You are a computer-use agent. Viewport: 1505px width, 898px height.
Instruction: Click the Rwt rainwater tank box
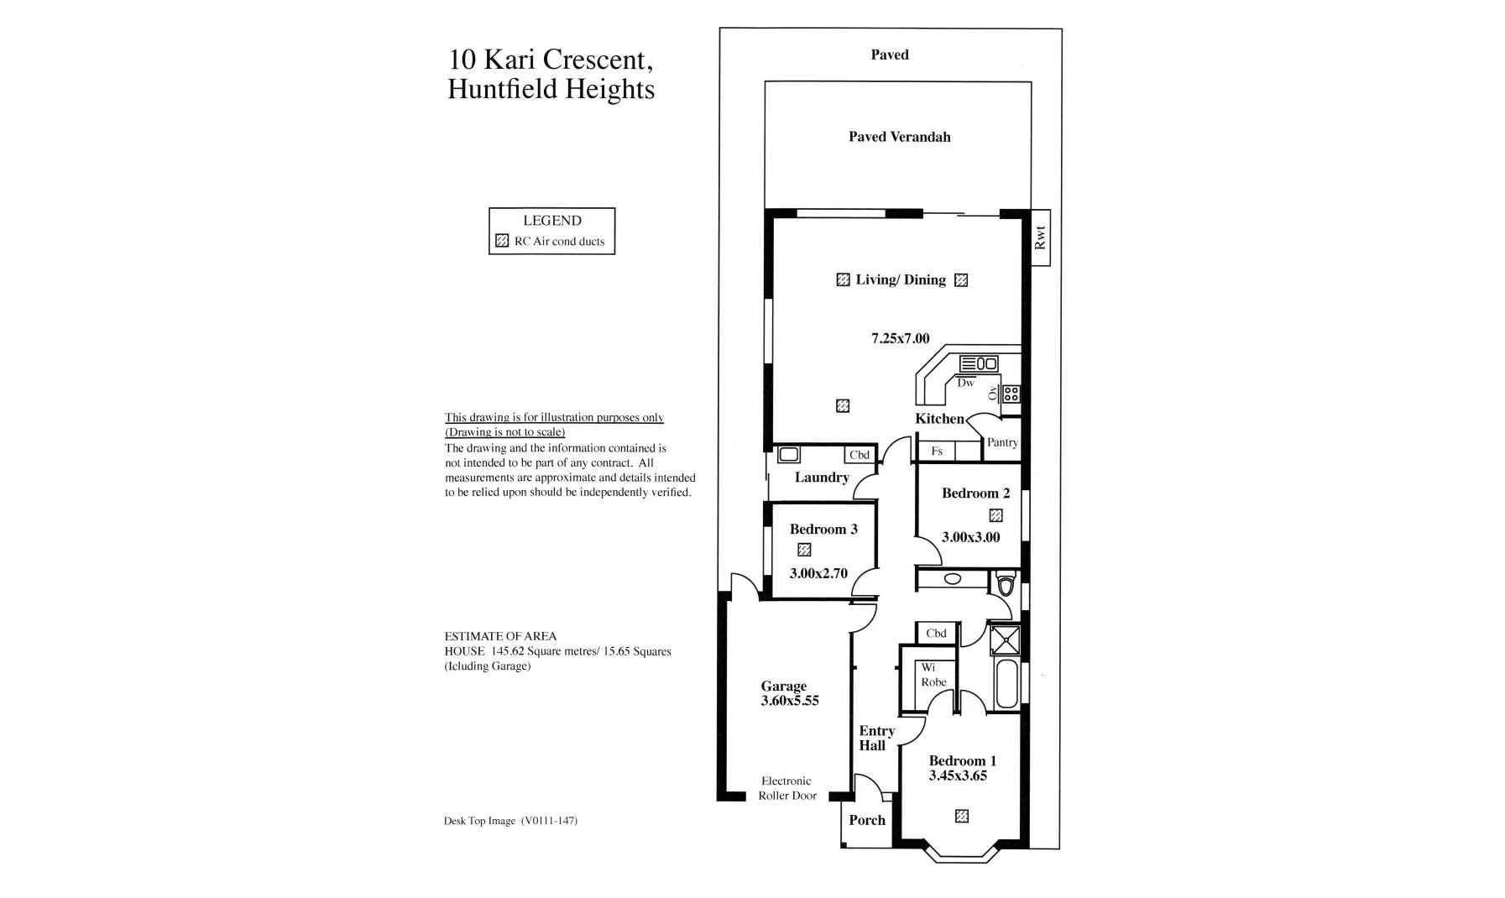pos(1040,238)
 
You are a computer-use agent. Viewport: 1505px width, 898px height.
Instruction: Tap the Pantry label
pos(1002,442)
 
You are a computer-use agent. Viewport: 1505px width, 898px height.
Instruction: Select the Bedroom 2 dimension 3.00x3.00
pos(970,537)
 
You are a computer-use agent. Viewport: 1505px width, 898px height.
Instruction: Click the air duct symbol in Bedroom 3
pos(804,550)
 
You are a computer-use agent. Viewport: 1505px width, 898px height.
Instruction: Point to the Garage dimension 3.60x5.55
pos(789,701)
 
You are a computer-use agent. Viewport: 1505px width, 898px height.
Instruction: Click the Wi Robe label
pos(933,675)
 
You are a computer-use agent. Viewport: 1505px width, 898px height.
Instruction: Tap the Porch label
pos(866,820)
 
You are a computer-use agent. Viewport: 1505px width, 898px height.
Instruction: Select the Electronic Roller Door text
pos(786,788)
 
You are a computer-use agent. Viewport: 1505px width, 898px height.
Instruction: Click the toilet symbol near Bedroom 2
pos(1005,582)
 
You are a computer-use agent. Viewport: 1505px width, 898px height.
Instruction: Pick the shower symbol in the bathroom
pos(1004,640)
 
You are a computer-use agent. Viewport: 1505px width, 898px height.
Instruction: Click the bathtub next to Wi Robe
pos(1005,685)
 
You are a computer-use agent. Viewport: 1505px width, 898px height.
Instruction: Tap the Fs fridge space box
pos(937,452)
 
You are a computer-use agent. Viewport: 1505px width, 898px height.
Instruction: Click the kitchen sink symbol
pos(979,363)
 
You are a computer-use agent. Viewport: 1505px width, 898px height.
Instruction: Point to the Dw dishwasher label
pos(965,383)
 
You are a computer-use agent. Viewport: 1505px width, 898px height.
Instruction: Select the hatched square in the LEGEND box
pos(502,241)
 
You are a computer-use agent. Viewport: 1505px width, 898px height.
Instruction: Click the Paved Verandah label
pos(899,137)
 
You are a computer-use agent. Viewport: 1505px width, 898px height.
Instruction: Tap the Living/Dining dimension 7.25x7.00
pos(900,339)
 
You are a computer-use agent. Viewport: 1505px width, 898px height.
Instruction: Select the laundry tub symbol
pos(788,455)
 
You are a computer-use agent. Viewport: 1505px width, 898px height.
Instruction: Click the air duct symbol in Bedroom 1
pos(962,816)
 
